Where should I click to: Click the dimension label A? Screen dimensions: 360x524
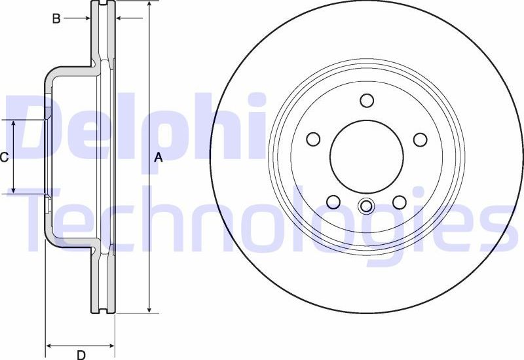158,157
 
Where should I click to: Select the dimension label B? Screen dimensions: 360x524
56,19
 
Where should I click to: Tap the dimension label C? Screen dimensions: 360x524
4,157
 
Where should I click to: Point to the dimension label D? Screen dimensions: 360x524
81,355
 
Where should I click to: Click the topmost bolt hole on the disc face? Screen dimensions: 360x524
366,101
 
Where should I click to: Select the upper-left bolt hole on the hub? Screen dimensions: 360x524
313,139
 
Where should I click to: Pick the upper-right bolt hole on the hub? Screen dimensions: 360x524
420,139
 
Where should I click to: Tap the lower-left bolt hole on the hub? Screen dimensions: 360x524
333,202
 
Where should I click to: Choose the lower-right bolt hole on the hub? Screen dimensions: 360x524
399,202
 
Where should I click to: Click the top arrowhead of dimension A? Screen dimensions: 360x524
150,5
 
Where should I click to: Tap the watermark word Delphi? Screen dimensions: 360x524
131,128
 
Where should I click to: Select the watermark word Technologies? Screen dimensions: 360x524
262,219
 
